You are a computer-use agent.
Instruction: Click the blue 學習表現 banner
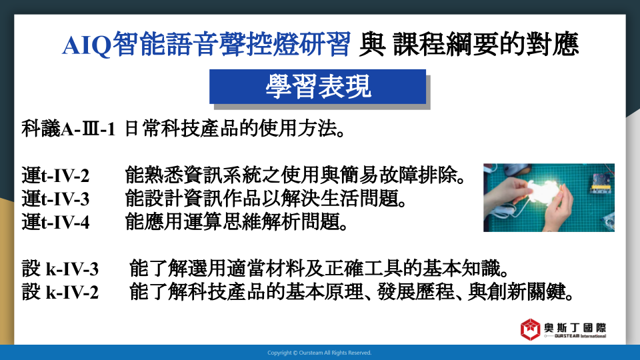coord(317,87)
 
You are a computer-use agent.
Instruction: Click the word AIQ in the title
coord(87,45)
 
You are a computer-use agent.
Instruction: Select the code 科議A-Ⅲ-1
coord(68,129)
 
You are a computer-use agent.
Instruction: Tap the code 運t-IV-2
coord(55,176)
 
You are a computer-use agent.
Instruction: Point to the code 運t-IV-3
coord(55,199)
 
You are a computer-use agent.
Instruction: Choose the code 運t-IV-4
coord(55,223)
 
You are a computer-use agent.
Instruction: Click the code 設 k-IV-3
coord(60,269)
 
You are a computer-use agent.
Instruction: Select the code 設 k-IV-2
coord(60,292)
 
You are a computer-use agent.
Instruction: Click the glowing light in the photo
coord(539,190)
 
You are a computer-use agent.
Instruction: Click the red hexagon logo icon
coord(530,329)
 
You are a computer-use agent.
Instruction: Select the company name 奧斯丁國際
coord(575,327)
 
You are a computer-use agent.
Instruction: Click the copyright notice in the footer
coord(319,353)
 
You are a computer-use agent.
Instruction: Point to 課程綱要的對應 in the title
coord(486,45)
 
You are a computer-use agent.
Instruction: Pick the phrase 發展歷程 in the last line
coord(416,292)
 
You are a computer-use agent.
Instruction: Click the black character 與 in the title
coord(372,45)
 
